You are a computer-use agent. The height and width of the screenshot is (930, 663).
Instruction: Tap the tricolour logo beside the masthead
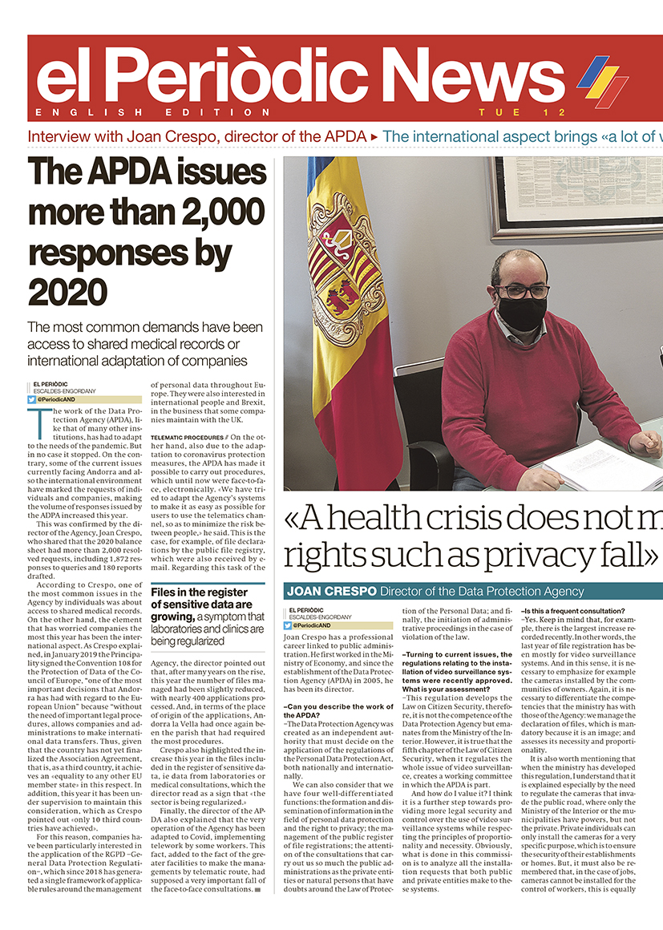(x=603, y=81)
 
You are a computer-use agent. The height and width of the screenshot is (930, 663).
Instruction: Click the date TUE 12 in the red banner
(x=522, y=112)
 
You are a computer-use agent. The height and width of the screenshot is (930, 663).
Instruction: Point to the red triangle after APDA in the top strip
(x=374, y=137)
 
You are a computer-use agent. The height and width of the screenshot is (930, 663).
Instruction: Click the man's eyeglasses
(x=521, y=291)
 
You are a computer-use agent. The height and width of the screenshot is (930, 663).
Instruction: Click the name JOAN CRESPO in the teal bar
(x=329, y=592)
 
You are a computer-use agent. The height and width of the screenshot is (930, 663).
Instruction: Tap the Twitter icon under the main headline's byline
(x=32, y=399)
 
